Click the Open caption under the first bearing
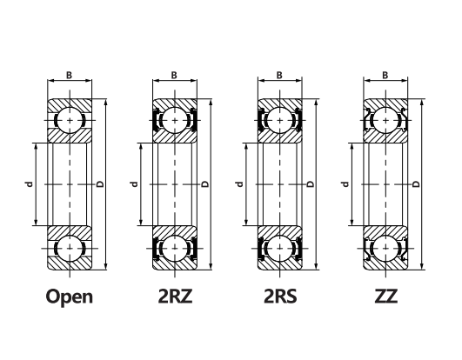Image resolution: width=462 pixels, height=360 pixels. (x=70, y=297)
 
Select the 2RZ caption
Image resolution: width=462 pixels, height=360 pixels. (x=175, y=297)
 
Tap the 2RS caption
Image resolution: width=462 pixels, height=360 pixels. (x=280, y=297)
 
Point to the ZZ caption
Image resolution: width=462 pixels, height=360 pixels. (x=386, y=297)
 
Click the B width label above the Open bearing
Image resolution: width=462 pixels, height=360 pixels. (x=69, y=76)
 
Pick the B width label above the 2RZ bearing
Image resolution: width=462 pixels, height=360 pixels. (x=174, y=76)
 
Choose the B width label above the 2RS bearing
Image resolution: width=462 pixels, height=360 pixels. (x=279, y=76)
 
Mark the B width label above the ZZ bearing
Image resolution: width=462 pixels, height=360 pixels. (x=385, y=76)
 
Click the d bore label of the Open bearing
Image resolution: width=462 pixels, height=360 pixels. (x=29, y=184)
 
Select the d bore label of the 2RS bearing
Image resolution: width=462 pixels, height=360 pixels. (x=240, y=184)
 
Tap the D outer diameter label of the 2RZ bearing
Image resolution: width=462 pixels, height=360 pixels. (x=205, y=184)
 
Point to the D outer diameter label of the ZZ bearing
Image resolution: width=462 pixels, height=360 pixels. (x=416, y=184)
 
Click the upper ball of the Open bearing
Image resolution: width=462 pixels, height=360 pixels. (x=70, y=120)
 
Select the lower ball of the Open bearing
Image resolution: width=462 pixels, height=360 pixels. (x=70, y=248)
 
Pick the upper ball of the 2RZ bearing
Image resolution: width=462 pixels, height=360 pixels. (x=175, y=120)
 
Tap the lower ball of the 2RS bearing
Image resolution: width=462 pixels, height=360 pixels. (x=280, y=248)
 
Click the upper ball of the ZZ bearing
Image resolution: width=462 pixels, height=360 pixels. (x=385, y=120)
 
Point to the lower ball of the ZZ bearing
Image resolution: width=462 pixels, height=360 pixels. (x=385, y=248)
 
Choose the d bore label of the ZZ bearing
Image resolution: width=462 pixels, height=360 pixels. (x=345, y=184)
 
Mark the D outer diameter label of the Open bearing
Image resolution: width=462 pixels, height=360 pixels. (x=100, y=184)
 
